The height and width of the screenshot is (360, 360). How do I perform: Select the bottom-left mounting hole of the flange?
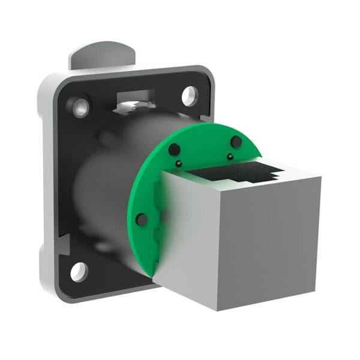(79, 271)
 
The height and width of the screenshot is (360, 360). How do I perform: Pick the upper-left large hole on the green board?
(174, 149)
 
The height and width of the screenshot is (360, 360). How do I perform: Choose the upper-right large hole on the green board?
(236, 142)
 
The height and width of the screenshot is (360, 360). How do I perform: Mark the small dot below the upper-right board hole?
(230, 157)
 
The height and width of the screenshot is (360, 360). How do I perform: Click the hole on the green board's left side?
(142, 220)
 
